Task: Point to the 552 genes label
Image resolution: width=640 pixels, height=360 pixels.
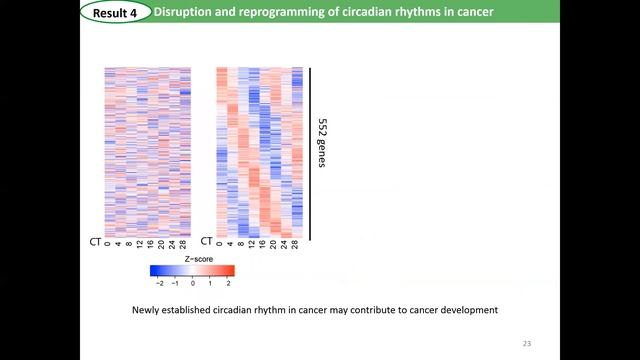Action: pos(322,143)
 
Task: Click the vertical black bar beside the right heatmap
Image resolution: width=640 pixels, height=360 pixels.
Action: pos(310,154)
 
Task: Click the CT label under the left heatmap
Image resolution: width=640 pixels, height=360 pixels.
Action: pos(94,241)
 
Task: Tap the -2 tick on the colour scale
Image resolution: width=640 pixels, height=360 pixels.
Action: pos(158,283)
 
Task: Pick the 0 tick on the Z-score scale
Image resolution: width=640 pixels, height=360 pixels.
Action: pos(193,283)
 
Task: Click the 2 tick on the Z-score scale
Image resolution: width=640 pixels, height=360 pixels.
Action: pos(228,283)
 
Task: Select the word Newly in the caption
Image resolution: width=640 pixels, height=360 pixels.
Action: pos(148,310)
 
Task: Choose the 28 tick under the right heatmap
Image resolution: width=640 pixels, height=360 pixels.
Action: pos(295,245)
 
